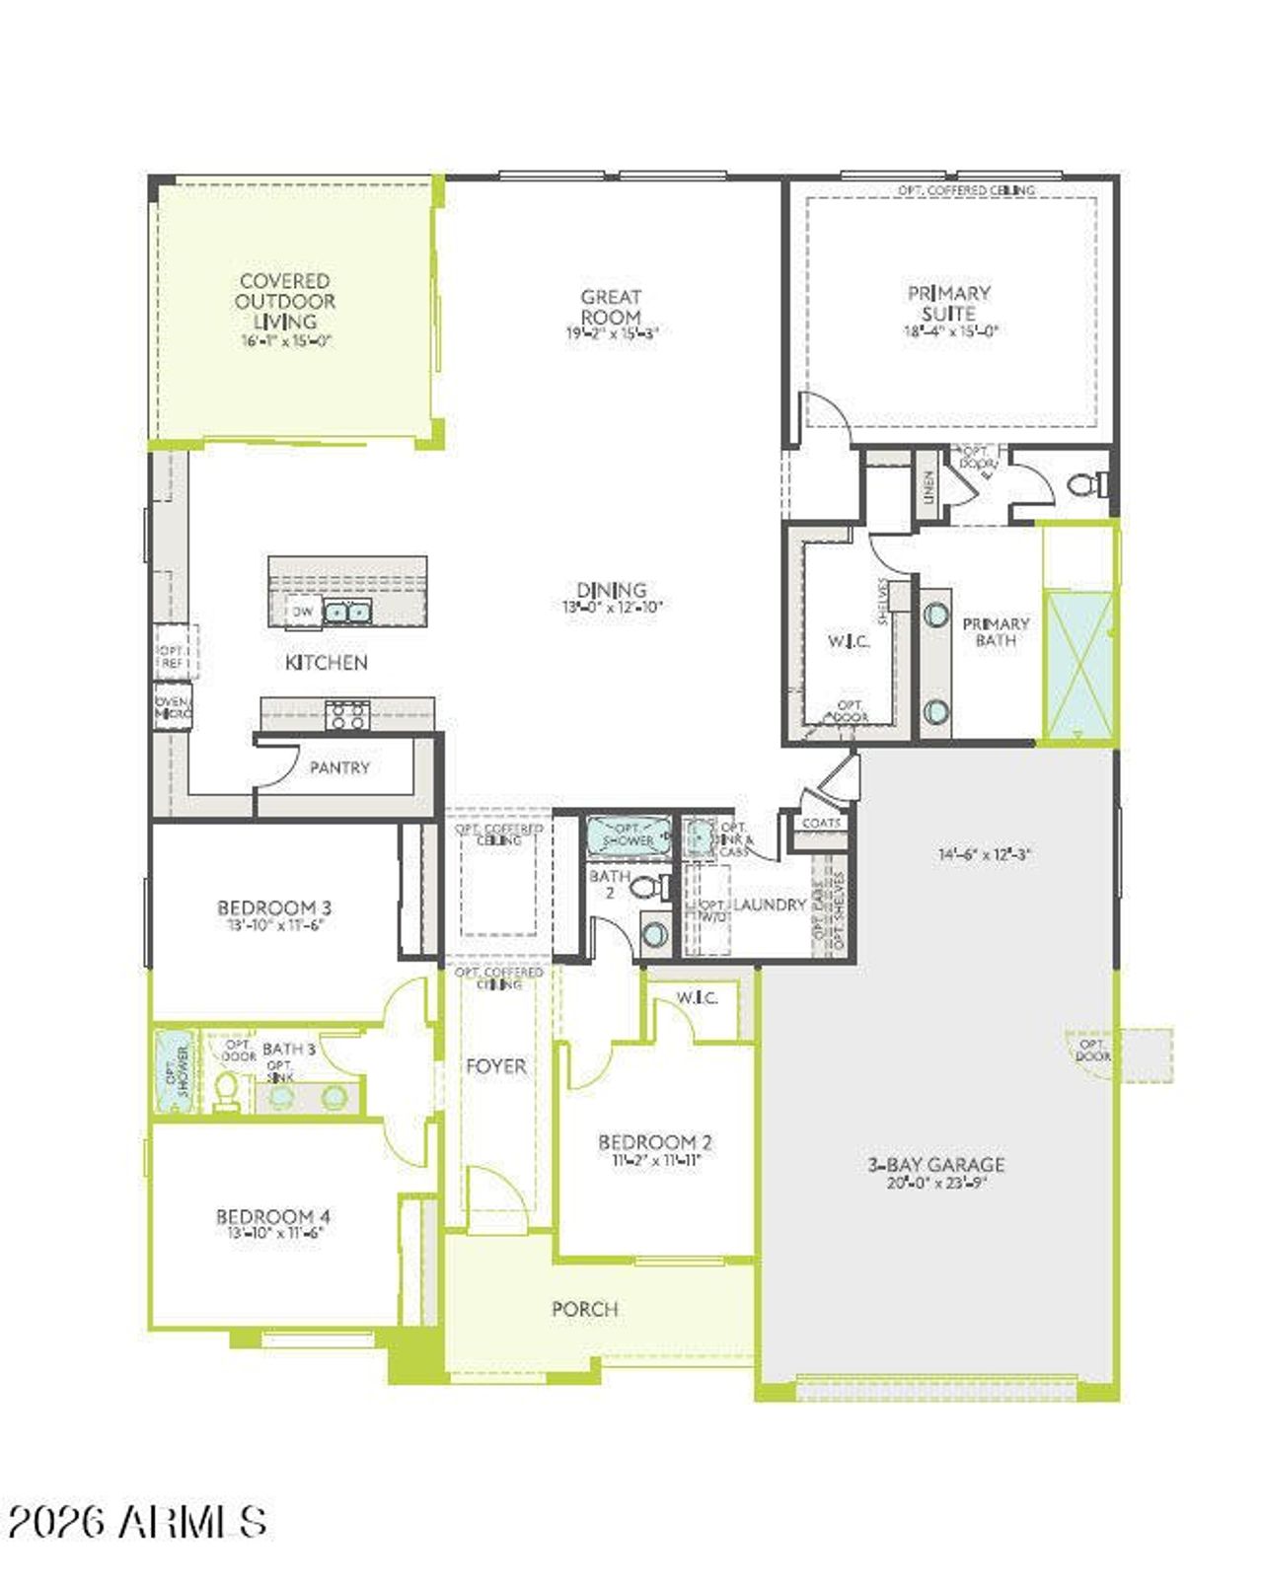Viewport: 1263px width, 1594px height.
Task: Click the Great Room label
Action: point(611,307)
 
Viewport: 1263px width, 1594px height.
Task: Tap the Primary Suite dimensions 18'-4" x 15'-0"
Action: point(950,332)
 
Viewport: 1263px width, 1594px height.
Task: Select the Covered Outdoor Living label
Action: point(285,301)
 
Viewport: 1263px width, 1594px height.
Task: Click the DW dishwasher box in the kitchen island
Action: point(303,612)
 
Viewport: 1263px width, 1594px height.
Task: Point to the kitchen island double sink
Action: point(347,613)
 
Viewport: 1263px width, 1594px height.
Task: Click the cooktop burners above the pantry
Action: point(347,715)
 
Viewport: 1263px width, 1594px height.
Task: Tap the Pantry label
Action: point(339,767)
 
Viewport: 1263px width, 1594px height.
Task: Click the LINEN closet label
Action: point(928,487)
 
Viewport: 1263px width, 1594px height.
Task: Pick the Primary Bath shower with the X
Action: point(1078,666)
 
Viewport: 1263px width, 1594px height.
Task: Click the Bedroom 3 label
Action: point(274,907)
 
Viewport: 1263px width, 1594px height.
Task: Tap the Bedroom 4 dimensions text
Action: point(275,1233)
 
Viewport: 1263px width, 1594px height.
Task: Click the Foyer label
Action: point(496,1066)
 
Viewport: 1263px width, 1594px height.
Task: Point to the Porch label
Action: point(585,1309)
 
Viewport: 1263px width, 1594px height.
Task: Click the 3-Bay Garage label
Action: point(936,1164)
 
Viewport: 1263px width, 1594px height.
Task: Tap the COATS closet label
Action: point(821,823)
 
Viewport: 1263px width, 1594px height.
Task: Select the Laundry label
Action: point(771,905)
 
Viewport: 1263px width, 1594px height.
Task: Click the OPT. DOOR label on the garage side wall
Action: point(1092,1050)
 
